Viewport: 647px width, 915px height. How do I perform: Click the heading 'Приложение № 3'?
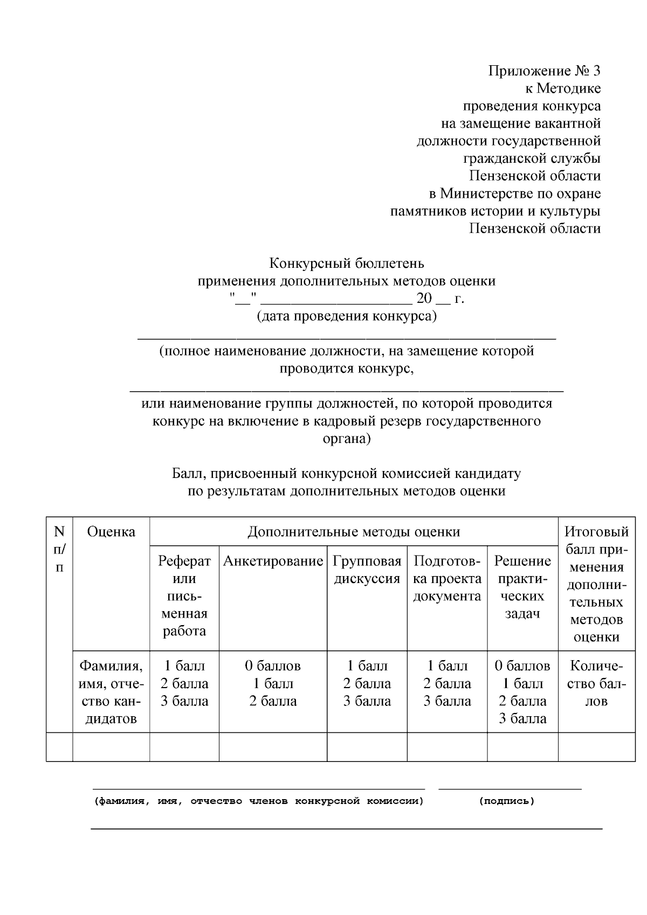pos(544,71)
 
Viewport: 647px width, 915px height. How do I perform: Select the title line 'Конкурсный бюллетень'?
pos(347,263)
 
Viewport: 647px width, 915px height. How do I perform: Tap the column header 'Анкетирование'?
pos(273,561)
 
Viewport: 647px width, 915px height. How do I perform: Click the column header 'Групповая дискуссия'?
pos(367,570)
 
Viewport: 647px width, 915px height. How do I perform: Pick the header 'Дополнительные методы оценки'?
pos(354,532)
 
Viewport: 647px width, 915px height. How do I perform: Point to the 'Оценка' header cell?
pos(111,532)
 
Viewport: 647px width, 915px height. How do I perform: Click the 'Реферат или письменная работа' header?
pos(184,596)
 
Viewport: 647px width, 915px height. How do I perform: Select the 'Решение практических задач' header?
pos(522,587)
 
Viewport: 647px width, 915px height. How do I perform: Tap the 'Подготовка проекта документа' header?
pos(447,579)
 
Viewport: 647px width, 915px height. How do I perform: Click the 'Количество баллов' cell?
pos(596,683)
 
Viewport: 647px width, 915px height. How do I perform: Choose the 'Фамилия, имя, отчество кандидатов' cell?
pos(111,692)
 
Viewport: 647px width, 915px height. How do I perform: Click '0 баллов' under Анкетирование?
pos(273,666)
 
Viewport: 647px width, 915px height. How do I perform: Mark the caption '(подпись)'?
pos(506,801)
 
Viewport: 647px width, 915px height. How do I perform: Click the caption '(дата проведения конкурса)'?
pos(347,316)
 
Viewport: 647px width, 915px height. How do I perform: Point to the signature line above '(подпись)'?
pos(510,789)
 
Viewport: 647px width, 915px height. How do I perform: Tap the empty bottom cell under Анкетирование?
pos(273,747)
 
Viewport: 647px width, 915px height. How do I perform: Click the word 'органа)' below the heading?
pos(347,439)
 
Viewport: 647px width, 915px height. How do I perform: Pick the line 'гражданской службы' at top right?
pos(532,158)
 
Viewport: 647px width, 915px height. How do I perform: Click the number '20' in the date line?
pos(424,299)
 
